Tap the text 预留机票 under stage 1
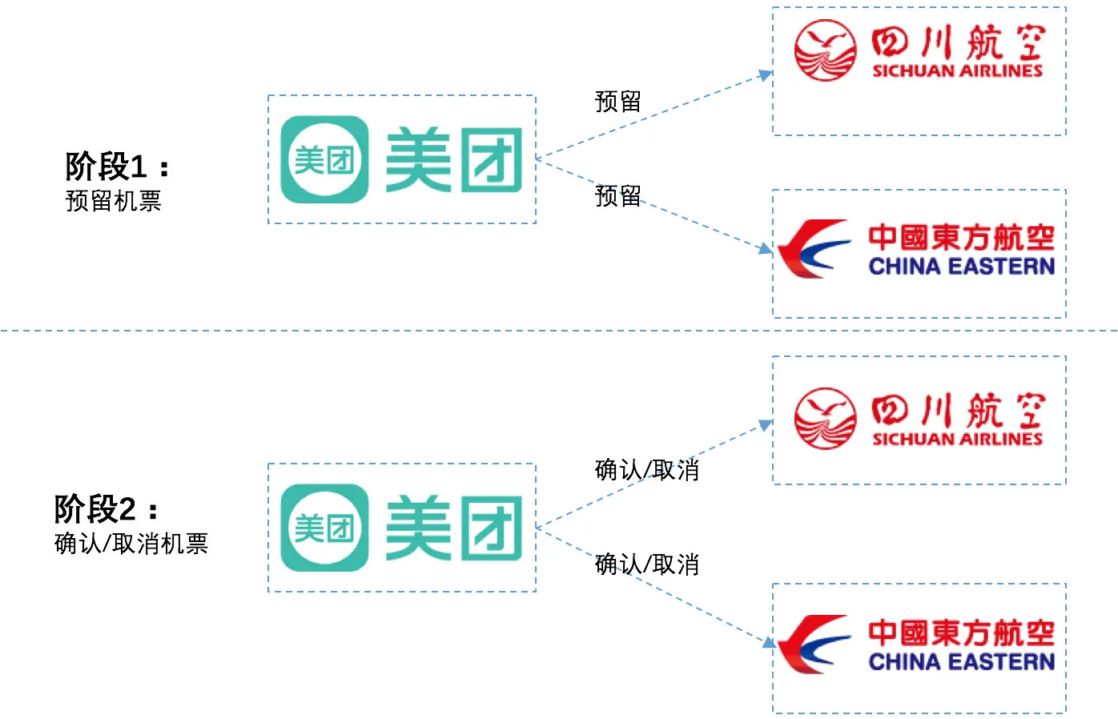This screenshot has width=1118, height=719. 113,201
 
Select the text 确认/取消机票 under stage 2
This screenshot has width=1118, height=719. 131,544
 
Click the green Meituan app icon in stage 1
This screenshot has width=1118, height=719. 324,159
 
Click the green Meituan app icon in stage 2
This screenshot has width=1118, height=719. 324,528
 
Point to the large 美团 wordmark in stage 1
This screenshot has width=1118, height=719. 454,159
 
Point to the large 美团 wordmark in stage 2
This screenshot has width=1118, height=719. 454,528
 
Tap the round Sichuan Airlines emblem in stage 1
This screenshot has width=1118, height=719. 826,50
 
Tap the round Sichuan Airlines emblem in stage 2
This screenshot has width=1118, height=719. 826,419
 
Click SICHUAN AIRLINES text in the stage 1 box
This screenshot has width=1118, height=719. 957,70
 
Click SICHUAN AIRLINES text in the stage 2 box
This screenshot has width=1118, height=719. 957,439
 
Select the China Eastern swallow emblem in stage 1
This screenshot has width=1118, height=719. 814,248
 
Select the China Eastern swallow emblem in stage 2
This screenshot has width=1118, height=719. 814,645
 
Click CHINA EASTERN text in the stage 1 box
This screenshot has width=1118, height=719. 962,267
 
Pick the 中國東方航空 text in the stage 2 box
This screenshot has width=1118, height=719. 962,633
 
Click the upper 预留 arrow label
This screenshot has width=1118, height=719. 618,102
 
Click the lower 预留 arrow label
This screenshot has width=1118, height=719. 618,196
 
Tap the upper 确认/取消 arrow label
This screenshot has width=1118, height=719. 647,470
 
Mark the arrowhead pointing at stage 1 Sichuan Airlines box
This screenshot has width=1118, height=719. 766,74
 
